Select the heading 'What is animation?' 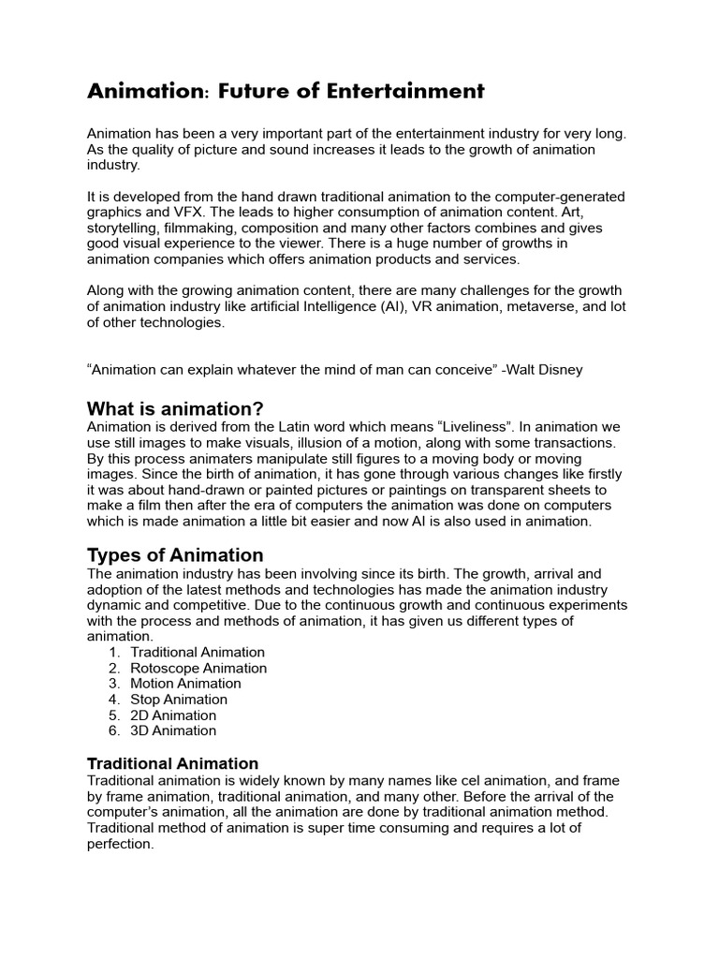[x=175, y=408]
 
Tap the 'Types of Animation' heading [x=175, y=554]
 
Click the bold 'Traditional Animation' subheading [x=172, y=763]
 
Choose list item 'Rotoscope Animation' [x=198, y=668]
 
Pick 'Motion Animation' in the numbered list [x=185, y=684]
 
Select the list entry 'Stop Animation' [x=179, y=700]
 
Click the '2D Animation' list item [x=173, y=716]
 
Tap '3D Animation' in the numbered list [x=173, y=730]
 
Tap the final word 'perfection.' [x=120, y=844]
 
